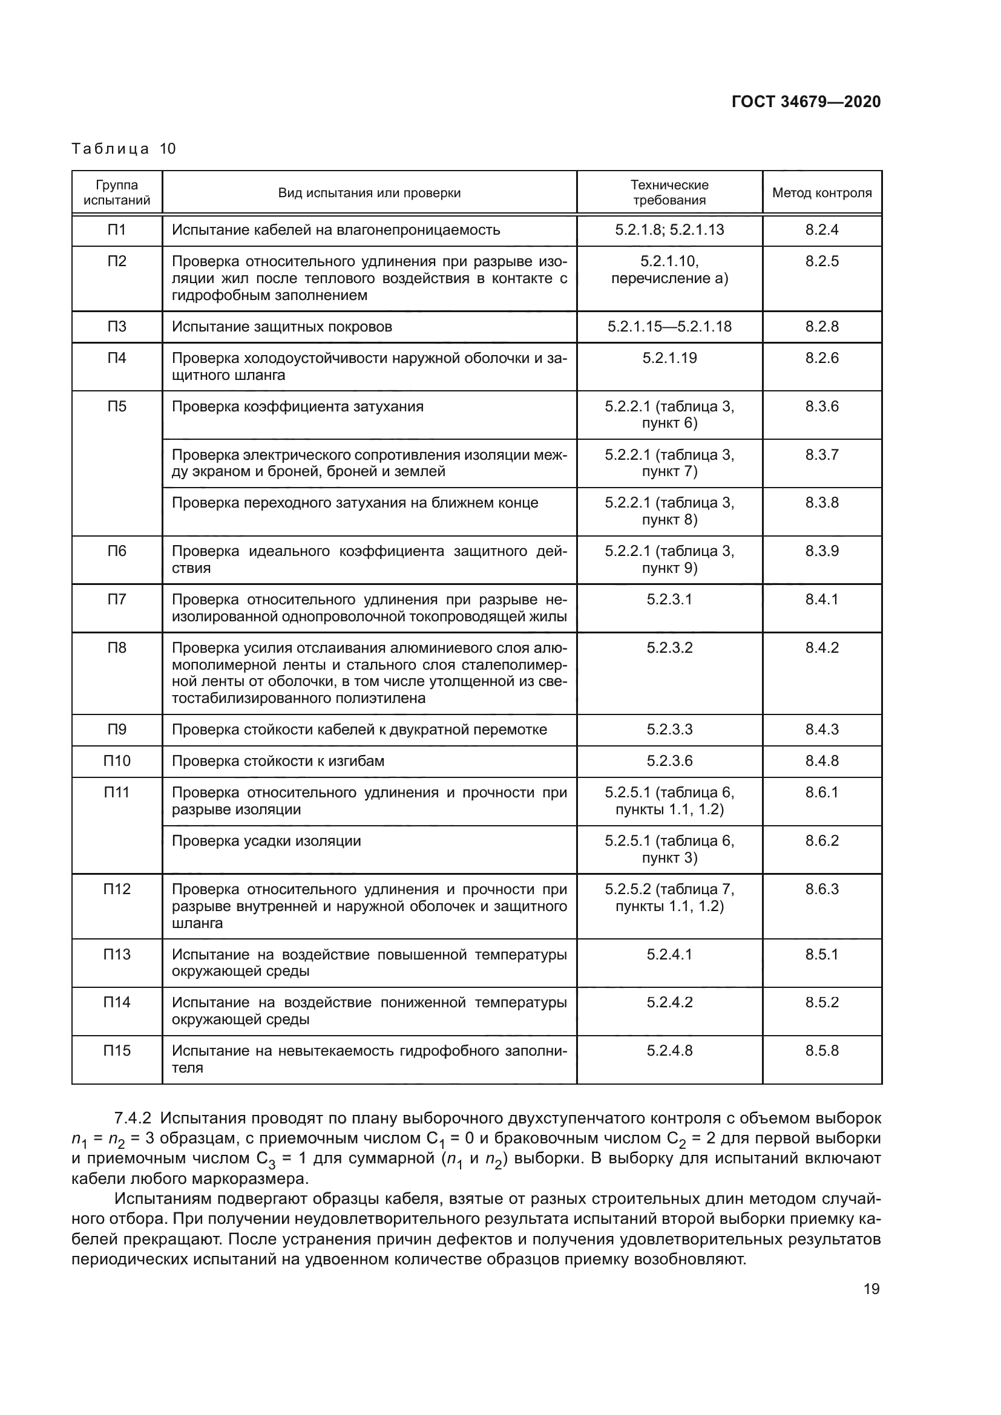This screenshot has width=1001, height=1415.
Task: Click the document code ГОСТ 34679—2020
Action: click(x=806, y=102)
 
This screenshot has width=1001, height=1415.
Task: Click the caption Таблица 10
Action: click(x=124, y=149)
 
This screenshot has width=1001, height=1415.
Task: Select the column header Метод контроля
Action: click(x=822, y=193)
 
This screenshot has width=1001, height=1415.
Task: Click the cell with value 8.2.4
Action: click(x=822, y=230)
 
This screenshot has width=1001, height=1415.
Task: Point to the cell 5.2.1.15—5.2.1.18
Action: click(x=669, y=327)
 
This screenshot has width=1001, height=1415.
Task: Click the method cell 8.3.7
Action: click(x=822, y=455)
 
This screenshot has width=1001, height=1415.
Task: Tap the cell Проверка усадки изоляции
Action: click(x=266, y=841)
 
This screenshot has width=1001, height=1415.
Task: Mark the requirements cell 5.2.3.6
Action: click(x=669, y=761)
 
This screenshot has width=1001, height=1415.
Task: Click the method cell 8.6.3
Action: click(x=822, y=889)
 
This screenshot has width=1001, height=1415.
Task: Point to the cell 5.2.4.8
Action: click(x=669, y=1051)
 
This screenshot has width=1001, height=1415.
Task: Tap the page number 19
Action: click(x=871, y=1289)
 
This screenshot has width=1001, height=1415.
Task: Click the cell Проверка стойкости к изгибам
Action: click(x=278, y=761)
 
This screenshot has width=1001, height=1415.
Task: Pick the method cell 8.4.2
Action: click(x=822, y=648)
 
